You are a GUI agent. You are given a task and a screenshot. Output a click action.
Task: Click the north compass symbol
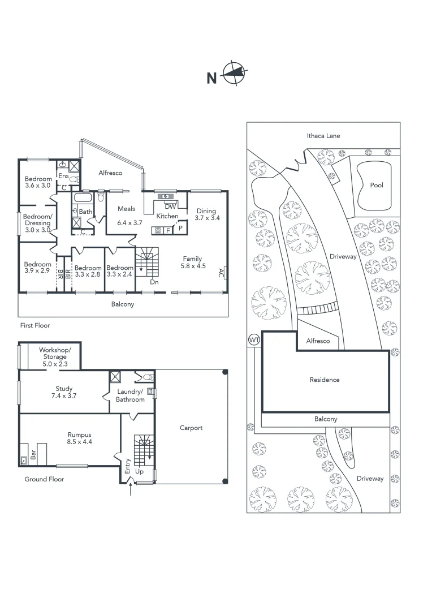pos(236,73)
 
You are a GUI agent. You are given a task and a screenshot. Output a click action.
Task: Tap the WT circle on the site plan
pos(253,340)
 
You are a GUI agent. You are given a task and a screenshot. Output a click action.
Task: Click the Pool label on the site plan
pos(376,185)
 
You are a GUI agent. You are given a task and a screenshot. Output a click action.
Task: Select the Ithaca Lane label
pos(323,136)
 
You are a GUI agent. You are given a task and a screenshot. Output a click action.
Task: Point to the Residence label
pos(325,380)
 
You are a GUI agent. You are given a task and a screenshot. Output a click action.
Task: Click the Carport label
pos(191,428)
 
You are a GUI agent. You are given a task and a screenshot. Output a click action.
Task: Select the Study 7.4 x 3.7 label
pos(64,392)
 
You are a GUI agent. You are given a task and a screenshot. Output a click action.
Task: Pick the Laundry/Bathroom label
pos(131,395)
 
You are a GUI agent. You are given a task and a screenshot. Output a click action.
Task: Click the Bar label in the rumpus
pos(33,455)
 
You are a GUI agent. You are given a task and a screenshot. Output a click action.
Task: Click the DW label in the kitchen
pos(171,206)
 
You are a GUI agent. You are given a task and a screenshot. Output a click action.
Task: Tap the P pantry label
pos(180,229)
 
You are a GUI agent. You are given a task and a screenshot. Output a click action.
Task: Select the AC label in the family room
pos(221,273)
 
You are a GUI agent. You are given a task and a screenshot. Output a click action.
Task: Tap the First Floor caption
pos(35,325)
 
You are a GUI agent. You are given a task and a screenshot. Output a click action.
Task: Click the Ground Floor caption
pos(44,479)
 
